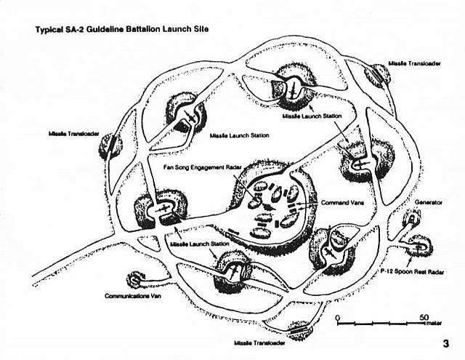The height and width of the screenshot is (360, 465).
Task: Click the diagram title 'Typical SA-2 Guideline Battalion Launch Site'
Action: click(x=122, y=29)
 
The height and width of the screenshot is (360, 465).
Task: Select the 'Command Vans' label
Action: click(x=342, y=203)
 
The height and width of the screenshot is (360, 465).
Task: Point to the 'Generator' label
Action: click(x=428, y=202)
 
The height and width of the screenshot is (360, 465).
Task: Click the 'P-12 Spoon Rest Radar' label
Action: click(x=412, y=272)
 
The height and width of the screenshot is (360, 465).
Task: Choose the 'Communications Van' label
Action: click(x=133, y=296)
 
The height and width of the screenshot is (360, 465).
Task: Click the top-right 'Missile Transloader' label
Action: click(x=414, y=63)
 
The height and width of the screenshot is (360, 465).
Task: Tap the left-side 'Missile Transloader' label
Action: click(x=74, y=134)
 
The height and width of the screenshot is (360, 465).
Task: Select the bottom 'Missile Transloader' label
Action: click(x=259, y=343)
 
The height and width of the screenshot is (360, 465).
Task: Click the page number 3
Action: click(x=445, y=344)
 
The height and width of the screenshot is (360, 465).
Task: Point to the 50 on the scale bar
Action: click(x=424, y=317)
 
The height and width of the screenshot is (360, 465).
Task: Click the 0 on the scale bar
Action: click(x=337, y=318)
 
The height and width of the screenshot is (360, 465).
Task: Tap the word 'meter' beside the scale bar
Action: click(x=434, y=323)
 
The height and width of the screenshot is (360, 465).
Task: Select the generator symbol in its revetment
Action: click(x=412, y=220)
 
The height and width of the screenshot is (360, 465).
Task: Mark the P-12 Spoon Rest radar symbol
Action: click(x=419, y=247)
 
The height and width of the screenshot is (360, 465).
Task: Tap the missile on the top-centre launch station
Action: click(x=292, y=89)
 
